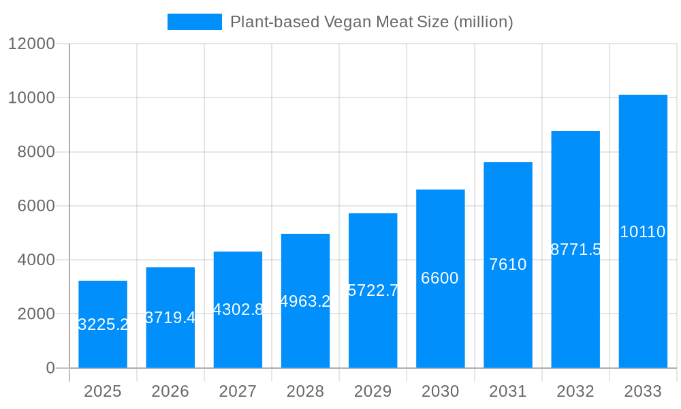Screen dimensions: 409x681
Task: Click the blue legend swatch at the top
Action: (195, 22)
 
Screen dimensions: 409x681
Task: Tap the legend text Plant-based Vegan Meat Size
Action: (371, 22)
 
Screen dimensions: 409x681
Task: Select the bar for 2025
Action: (103, 324)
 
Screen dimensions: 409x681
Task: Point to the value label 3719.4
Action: (170, 318)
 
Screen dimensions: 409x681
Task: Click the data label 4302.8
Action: (238, 309)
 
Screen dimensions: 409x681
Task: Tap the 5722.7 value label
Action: (373, 290)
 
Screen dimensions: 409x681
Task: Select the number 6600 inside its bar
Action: (440, 278)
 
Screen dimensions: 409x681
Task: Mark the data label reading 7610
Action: (508, 264)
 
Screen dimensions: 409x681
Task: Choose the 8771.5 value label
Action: (575, 249)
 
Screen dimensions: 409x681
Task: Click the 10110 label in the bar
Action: (643, 232)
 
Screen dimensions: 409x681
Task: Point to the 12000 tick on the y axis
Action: (31, 44)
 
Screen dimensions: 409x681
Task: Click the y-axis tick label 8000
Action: (36, 152)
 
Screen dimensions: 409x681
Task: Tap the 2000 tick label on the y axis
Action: (36, 314)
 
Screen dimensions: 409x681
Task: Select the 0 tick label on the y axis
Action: (50, 368)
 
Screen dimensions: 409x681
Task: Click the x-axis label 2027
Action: (238, 391)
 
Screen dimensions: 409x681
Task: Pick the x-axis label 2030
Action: (440, 391)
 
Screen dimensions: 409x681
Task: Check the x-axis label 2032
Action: (575, 391)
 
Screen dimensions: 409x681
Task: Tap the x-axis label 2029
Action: (373, 391)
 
